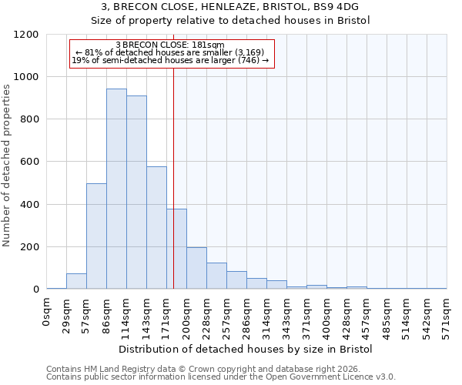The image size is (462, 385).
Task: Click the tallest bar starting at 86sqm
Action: pos(116,189)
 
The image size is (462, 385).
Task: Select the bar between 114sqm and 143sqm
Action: pos(136,192)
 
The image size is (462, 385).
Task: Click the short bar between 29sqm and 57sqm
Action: pos(76,281)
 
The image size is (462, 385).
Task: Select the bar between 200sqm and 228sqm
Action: pos(196,268)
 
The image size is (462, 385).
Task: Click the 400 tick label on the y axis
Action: pos(29,205)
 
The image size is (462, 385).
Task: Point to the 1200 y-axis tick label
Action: pos(26,35)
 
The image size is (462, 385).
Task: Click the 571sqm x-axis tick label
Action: pos(446,315)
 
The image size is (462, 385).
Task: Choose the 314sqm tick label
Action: pos(266,315)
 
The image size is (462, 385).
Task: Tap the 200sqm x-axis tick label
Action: pos(186,315)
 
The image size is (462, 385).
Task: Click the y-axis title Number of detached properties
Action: pos(7,166)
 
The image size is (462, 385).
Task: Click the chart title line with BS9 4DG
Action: pos(230,6)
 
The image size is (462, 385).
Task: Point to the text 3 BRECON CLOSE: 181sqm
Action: pos(170,45)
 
